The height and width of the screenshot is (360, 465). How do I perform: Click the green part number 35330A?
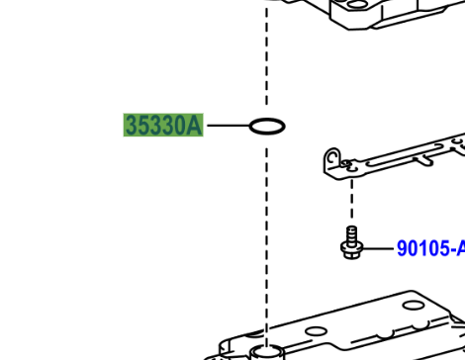tap(163, 125)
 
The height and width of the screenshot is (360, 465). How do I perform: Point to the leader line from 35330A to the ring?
tap(229, 126)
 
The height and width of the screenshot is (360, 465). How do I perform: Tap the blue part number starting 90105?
tap(430, 248)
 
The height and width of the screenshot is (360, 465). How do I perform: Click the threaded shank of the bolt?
tap(352, 234)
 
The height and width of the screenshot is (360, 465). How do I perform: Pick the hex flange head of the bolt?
tap(352, 250)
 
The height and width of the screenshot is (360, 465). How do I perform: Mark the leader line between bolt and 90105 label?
tap(378, 248)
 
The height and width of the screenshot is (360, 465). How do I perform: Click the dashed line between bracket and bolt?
tap(352, 199)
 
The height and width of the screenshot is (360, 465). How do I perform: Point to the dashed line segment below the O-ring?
tap(267, 245)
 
